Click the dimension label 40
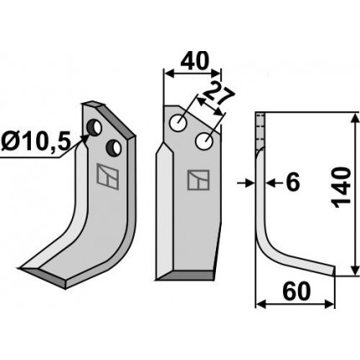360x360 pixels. (x=194, y=61)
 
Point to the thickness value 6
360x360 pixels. (x=293, y=183)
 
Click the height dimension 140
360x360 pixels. (x=342, y=188)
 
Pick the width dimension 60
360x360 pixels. (x=296, y=291)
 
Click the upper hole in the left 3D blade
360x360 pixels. (x=94, y=127)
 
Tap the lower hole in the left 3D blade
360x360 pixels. (x=114, y=147)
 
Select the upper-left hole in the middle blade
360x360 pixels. (x=179, y=122)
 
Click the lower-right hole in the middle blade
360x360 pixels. (x=204, y=141)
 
